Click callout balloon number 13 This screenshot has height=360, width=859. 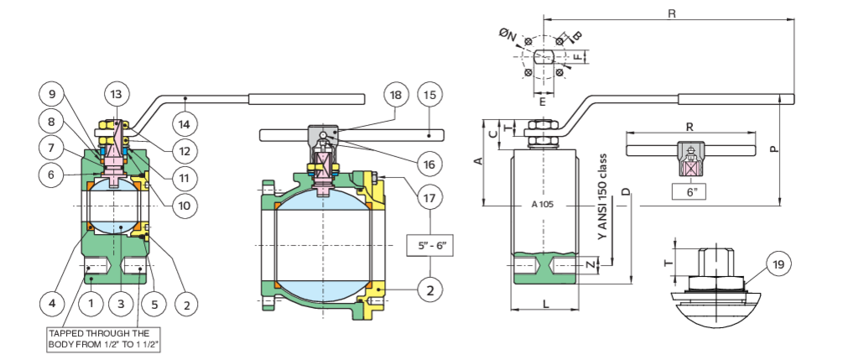[117, 94]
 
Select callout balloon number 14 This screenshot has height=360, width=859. [184, 125]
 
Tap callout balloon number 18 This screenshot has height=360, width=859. [396, 95]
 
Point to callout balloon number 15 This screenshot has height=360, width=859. [430, 95]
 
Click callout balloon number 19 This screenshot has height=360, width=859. [778, 264]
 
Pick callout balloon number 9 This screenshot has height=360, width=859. [51, 95]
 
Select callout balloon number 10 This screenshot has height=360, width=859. [185, 206]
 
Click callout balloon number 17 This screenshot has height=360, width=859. [430, 198]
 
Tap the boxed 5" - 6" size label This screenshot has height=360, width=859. [430, 246]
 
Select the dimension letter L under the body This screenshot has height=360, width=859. [546, 303]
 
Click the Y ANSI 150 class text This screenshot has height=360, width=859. [603, 196]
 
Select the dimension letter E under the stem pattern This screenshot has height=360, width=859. [543, 102]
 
